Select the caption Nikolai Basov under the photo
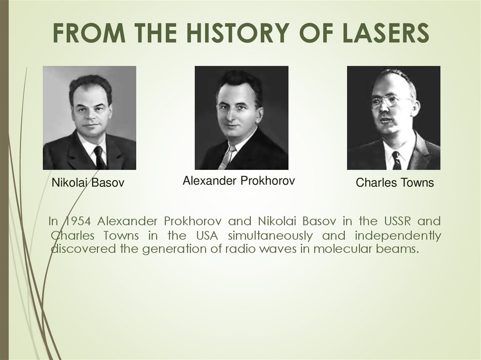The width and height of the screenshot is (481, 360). coord(88,183)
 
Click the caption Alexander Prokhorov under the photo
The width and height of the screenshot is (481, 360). coord(239,180)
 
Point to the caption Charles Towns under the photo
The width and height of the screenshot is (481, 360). coord(395,183)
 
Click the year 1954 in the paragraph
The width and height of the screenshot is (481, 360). coord(78,221)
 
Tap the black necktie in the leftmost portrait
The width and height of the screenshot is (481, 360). coord(99,157)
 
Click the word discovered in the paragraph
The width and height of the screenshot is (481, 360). coord(83,249)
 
